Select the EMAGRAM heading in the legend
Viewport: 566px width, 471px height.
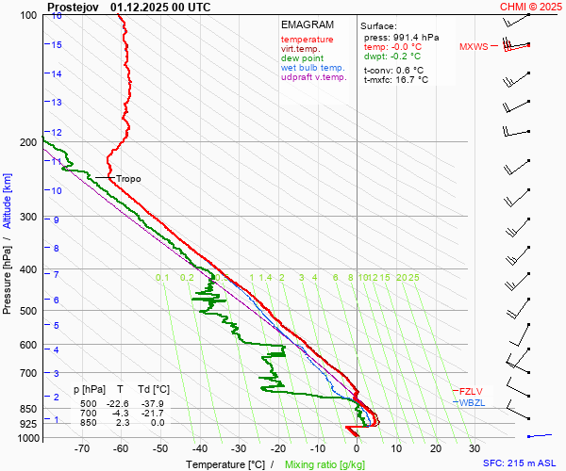coord(308,24)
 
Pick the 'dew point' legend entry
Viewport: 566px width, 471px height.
coord(302,58)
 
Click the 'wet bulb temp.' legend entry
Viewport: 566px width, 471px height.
coord(313,68)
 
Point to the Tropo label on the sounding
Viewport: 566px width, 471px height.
coord(128,179)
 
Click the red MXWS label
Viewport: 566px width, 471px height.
coord(474,46)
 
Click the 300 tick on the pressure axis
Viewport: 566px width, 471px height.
coord(27,218)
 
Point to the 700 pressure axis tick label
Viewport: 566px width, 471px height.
coord(27,374)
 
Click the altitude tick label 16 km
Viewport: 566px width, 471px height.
coord(58,16)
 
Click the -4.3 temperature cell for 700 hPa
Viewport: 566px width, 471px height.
coord(120,413)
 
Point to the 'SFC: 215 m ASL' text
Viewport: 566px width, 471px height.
coord(522,463)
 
